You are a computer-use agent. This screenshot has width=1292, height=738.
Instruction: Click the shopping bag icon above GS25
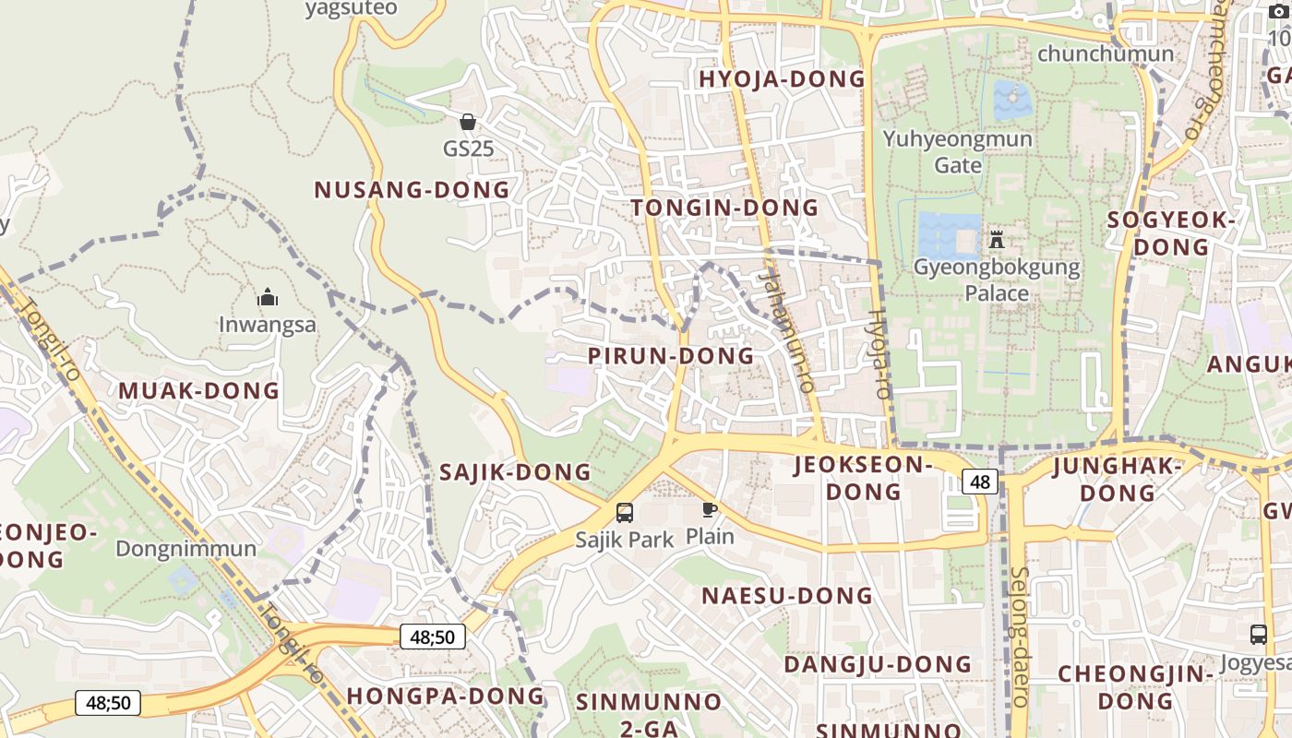coord(468,122)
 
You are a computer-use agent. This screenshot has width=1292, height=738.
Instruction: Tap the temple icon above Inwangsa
coord(268,297)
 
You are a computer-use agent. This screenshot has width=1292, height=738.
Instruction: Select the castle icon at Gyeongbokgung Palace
coord(997,240)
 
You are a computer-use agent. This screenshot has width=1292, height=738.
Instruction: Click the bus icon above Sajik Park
coord(625,513)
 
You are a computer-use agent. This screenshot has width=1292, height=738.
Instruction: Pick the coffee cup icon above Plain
coord(709,509)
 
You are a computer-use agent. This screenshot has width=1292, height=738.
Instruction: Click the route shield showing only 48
coord(980,481)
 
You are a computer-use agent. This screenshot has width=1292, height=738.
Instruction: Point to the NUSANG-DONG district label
coord(412,190)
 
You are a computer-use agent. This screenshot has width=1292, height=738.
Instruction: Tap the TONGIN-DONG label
coord(724,208)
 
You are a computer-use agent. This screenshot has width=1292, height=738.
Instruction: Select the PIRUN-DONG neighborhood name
coord(671,356)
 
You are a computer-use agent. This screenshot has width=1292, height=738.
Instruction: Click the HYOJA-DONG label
coord(782,79)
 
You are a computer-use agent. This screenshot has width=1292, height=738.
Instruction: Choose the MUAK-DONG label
coord(198,390)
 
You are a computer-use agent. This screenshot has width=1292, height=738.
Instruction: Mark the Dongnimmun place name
coord(185,549)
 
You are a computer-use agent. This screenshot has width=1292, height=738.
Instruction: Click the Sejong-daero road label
coord(1020,637)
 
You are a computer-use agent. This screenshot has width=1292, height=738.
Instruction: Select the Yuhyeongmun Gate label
coord(958,151)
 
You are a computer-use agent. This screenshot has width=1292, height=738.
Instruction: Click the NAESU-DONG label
coord(787,596)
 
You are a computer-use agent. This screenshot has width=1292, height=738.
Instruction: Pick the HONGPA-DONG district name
coord(446,696)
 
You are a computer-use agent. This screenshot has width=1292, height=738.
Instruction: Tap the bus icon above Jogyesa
coord(1258,635)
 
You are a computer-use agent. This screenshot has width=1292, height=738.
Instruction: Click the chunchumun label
coord(1106,54)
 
